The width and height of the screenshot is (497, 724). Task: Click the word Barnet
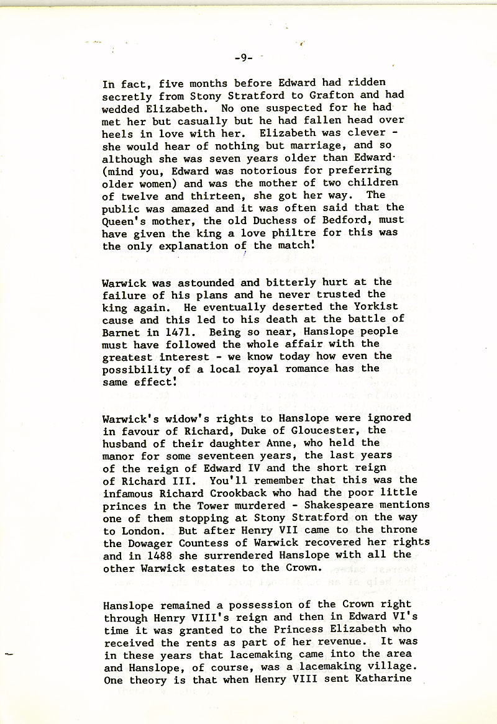[x=121, y=332]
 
